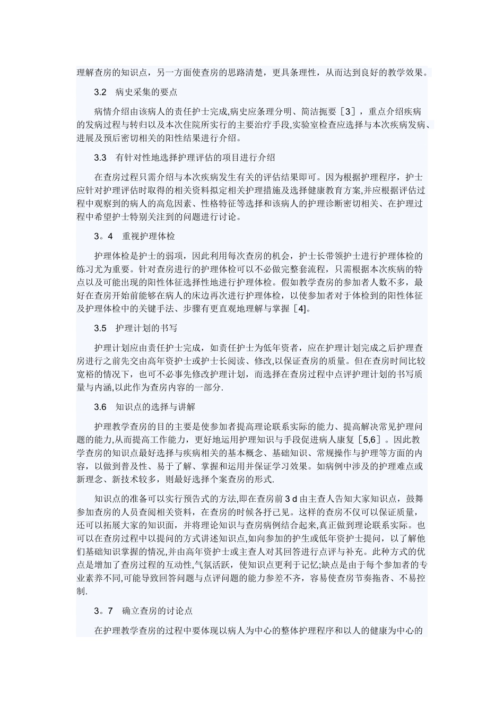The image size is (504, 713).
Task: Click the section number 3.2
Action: (x=101, y=92)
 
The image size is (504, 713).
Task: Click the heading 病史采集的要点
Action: (x=146, y=92)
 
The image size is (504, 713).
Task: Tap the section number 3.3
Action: (x=101, y=158)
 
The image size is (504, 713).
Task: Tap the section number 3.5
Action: (x=101, y=328)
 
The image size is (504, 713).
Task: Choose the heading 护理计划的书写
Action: (x=146, y=328)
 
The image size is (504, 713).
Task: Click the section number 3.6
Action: (x=101, y=406)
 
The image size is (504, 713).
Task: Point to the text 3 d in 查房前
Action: (x=291, y=499)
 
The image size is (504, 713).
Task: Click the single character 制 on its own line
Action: (x=81, y=591)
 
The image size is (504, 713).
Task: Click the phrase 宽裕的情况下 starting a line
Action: (x=104, y=374)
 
